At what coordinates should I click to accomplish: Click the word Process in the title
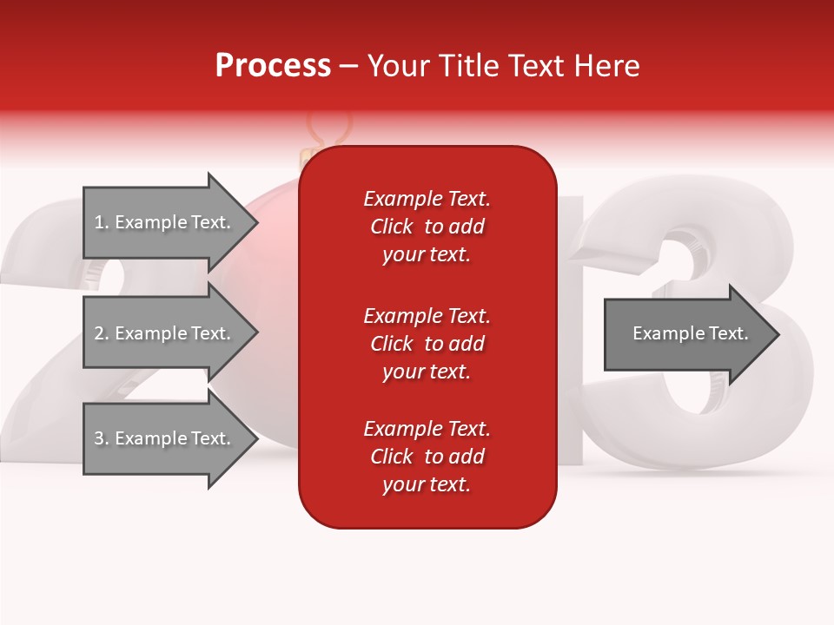tap(273, 66)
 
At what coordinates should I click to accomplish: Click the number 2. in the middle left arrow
tap(102, 333)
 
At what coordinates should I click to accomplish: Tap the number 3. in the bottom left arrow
tap(102, 438)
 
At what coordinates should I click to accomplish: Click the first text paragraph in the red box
tap(427, 227)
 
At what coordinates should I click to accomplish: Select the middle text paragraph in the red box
tap(427, 343)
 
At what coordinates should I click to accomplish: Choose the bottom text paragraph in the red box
tap(427, 457)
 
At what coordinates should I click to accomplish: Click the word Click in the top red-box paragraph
tap(391, 227)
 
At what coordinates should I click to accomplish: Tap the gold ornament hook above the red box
tap(328, 130)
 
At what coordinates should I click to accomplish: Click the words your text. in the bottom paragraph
tap(427, 484)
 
